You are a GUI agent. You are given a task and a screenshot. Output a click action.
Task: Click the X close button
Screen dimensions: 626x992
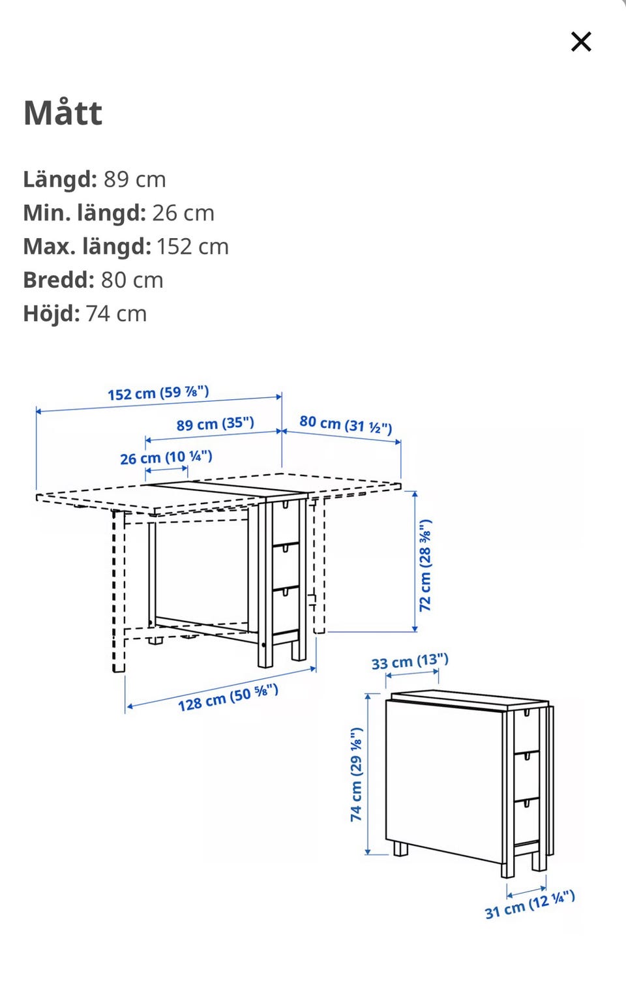click(581, 42)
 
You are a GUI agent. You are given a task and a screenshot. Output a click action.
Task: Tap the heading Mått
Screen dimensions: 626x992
click(63, 112)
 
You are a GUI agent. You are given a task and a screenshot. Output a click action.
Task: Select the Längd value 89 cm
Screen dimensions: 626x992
click(134, 179)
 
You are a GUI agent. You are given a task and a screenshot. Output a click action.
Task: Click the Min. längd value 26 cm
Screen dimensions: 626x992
click(183, 213)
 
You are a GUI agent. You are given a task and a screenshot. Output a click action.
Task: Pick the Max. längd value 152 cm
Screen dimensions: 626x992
click(192, 247)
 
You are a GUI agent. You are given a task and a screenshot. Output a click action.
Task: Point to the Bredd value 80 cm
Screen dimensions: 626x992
click(132, 280)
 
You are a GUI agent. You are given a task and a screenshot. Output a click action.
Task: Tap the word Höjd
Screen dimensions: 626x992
click(52, 314)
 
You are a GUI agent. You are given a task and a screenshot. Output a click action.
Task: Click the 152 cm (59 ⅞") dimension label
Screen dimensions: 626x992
click(158, 393)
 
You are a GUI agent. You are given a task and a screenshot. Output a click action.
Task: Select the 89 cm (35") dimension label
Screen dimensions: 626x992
click(215, 424)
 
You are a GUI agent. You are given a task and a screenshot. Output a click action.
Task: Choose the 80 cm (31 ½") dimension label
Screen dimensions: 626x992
click(346, 424)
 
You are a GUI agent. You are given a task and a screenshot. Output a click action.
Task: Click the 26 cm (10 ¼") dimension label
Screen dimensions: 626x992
click(166, 457)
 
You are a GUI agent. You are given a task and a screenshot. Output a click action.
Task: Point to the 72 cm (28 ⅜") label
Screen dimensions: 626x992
click(425, 565)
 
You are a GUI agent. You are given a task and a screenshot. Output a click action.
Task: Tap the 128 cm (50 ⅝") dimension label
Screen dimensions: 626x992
click(228, 697)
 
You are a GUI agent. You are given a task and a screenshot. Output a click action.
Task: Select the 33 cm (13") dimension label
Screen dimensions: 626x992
click(410, 661)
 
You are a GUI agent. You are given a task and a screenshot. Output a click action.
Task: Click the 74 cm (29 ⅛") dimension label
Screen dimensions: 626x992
click(357, 774)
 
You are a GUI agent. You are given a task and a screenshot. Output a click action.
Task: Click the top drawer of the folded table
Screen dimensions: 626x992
click(527, 730)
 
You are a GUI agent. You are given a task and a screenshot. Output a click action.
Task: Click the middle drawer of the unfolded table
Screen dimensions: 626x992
click(286, 566)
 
